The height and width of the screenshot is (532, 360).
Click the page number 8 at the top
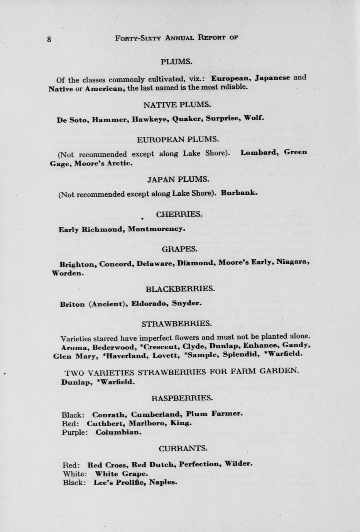click(49, 39)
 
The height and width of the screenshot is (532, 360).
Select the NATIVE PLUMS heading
click(177, 105)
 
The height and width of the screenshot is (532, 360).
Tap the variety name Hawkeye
click(149, 119)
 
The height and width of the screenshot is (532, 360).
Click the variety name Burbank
click(239, 193)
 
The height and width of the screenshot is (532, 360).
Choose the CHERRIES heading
click(179, 214)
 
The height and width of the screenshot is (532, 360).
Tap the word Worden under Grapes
click(67, 273)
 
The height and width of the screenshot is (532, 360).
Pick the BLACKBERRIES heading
click(180, 289)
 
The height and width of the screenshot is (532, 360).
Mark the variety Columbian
click(118, 432)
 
